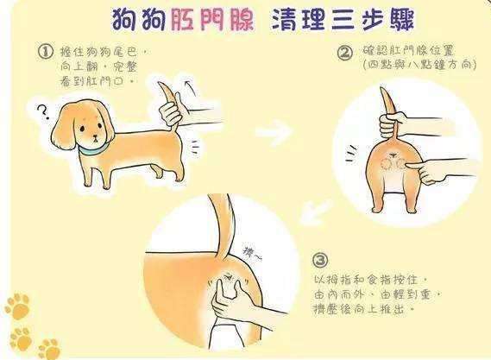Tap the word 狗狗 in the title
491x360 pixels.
[x=143, y=18]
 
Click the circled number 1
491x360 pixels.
[x=46, y=53]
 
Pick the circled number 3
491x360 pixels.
[x=321, y=260]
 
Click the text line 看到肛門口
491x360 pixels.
[x=96, y=78]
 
